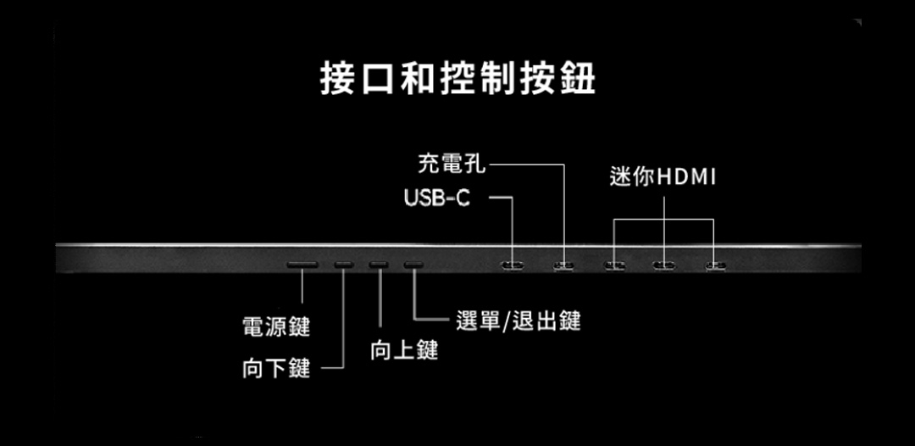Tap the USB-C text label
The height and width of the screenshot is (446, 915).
437,198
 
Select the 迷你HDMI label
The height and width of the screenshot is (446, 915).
663,177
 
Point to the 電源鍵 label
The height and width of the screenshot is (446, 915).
276,326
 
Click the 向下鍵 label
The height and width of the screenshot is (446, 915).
276,368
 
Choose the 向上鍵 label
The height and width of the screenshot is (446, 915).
403,348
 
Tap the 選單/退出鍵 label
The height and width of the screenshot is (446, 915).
518,321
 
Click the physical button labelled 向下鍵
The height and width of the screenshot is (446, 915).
343,265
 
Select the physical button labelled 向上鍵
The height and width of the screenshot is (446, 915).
379,265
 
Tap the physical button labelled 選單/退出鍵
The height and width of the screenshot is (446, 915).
413,265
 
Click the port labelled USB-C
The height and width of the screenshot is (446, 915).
513,265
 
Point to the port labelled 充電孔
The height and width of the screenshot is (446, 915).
563,265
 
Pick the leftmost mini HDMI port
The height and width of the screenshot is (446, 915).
614,265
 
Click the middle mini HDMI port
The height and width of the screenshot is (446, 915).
663,265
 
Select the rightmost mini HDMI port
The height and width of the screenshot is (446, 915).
716,265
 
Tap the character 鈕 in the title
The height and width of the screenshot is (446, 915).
576,78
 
